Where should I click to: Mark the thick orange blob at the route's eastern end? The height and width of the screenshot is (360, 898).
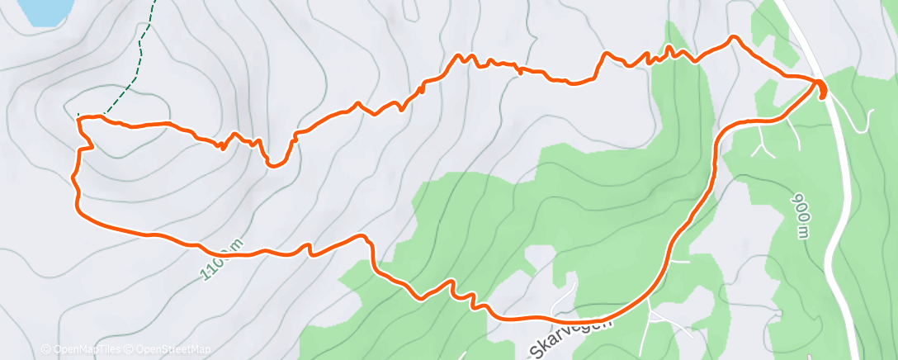point(822,88)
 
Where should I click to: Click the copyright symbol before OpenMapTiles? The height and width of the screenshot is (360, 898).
point(46,350)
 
